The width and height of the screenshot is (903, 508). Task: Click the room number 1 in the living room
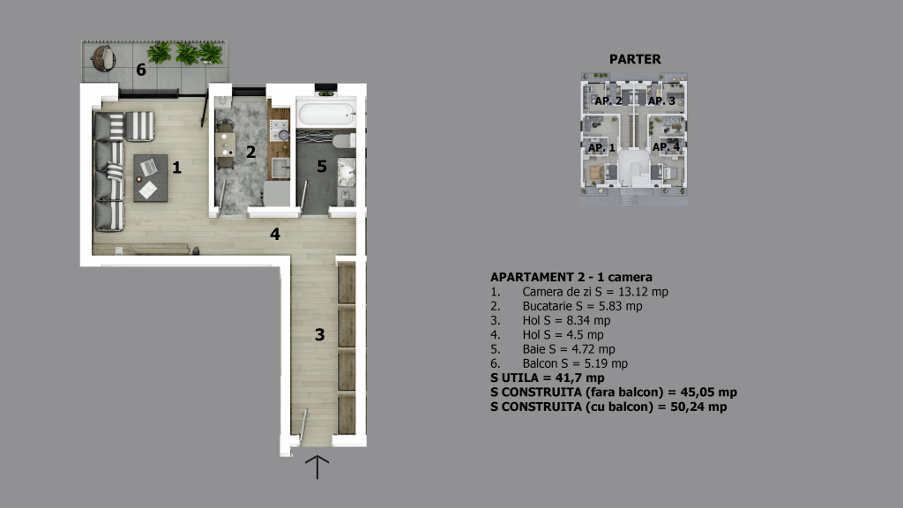(x=176, y=168)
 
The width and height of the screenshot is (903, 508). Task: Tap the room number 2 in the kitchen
(x=250, y=152)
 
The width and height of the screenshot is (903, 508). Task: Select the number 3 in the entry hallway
(x=319, y=334)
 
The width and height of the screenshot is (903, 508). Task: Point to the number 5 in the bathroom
(x=322, y=167)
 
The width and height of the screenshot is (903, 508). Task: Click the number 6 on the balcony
(x=141, y=70)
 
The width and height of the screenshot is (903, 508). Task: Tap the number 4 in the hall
(x=275, y=234)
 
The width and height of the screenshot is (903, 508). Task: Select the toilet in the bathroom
(x=345, y=140)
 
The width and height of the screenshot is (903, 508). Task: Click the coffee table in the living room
(x=150, y=178)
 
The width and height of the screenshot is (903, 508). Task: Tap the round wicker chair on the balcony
(x=104, y=58)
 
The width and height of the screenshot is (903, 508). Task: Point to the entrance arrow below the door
(x=317, y=467)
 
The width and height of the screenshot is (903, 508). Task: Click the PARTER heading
(x=635, y=59)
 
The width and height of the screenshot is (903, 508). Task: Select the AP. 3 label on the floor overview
(x=661, y=101)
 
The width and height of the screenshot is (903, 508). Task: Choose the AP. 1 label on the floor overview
(x=601, y=148)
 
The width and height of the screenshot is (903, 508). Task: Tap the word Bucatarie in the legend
(x=547, y=306)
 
